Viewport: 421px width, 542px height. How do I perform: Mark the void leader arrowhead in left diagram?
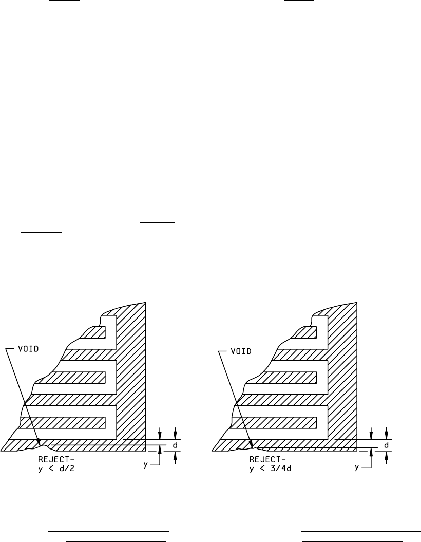pos(39,440)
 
